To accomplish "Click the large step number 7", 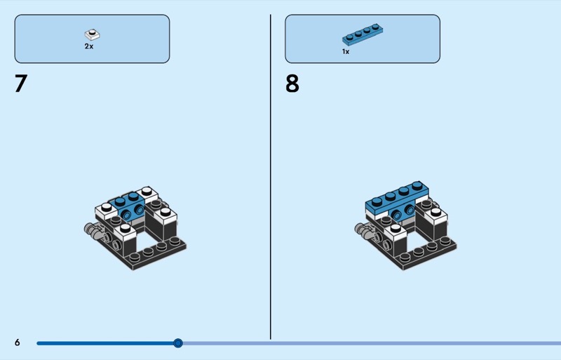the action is tap(21, 84).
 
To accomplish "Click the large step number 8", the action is tap(292, 84).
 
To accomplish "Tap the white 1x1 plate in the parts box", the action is tap(93, 34).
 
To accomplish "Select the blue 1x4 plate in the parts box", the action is tap(363, 34).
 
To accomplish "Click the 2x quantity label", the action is tap(89, 46).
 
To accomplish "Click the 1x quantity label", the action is tap(345, 52).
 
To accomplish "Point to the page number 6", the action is tap(17, 342).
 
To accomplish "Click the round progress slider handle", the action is tap(178, 343).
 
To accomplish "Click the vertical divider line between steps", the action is tap(271, 177).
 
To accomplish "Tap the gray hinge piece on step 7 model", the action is tap(93, 230).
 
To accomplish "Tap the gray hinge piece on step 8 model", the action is tap(363, 230).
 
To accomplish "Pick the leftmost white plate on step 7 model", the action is tap(107, 211).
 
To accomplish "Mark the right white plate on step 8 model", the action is tap(435, 215).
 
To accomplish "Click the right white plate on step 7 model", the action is tap(165, 215).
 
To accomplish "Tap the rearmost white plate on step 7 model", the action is tap(147, 194).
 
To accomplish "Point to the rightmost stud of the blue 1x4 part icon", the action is tap(375, 27).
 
